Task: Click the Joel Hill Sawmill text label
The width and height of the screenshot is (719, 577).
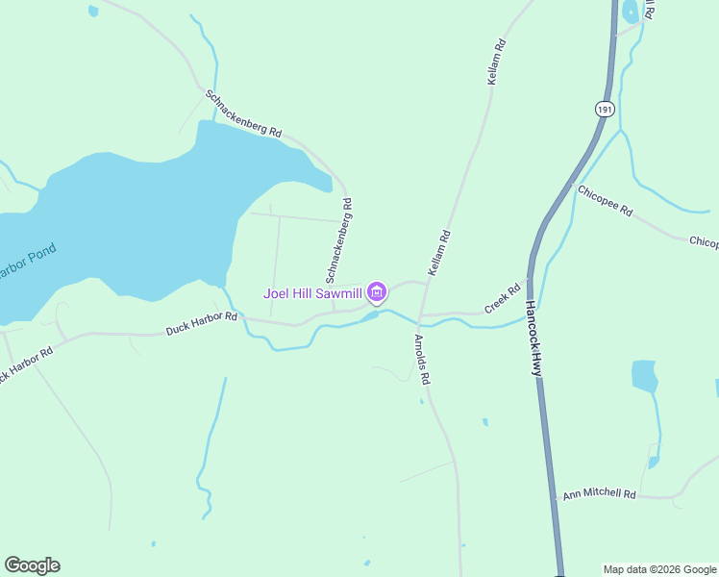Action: click(x=313, y=292)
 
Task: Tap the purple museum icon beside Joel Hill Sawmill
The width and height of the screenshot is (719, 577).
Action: click(x=376, y=292)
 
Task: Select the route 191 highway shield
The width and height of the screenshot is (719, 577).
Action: click(x=604, y=110)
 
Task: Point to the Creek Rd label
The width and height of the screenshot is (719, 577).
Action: click(x=502, y=297)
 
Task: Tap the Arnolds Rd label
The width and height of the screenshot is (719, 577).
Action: click(x=422, y=360)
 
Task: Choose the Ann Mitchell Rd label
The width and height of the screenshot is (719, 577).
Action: click(x=600, y=494)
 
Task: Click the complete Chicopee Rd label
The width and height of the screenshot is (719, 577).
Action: click(x=606, y=200)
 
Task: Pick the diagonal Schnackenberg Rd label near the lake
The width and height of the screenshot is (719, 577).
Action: click(x=243, y=113)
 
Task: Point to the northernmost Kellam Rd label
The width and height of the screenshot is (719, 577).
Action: click(x=496, y=63)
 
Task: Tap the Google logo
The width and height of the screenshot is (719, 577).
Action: click(x=32, y=565)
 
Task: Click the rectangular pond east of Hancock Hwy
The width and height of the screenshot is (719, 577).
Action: click(x=644, y=376)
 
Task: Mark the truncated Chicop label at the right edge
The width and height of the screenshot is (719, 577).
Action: click(x=704, y=241)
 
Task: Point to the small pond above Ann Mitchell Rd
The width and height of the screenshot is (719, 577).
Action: click(x=654, y=463)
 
